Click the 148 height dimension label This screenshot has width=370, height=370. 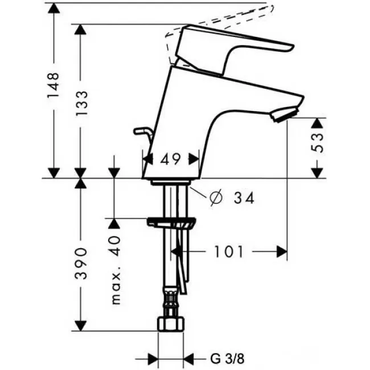(x=53, y=85)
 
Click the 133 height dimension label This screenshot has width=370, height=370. (x=81, y=102)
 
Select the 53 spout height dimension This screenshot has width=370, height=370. (x=316, y=142)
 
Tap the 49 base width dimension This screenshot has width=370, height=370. (x=170, y=159)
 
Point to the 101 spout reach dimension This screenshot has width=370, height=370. (x=228, y=252)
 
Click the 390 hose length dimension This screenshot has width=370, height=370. (x=81, y=264)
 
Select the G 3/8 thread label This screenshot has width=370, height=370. (x=227, y=359)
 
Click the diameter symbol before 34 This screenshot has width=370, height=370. (x=216, y=198)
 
